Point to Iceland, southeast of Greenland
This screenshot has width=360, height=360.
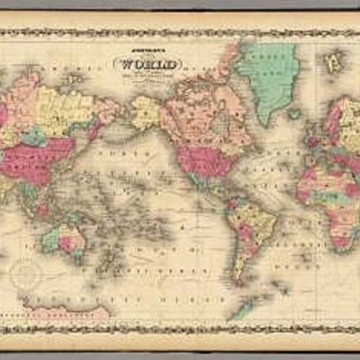coord(295,114)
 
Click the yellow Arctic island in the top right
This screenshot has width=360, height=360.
coord(334,62)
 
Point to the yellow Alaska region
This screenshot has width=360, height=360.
coord(145,112)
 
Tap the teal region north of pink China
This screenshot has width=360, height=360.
coord(33,137)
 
